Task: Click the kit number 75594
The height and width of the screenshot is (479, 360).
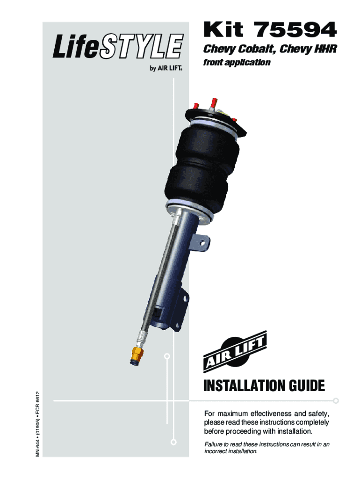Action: tap(295, 29)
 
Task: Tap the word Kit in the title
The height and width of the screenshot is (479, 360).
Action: tap(223, 29)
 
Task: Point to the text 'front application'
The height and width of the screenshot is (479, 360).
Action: tap(237, 62)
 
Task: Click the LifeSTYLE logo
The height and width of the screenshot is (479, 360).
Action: tap(118, 46)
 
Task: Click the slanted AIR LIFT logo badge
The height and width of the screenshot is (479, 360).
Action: tap(235, 351)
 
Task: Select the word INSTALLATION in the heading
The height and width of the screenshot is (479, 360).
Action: tap(245, 386)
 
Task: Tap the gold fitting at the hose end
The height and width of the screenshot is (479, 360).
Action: tap(137, 355)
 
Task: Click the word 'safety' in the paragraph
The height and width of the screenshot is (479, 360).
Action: tap(318, 414)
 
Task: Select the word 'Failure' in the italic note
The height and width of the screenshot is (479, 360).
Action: tap(214, 444)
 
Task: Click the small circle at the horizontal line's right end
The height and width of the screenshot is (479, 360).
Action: tap(336, 400)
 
